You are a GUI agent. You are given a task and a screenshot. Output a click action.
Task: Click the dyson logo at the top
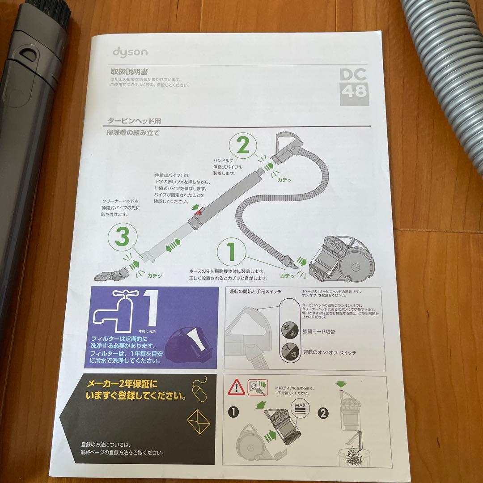(130, 52)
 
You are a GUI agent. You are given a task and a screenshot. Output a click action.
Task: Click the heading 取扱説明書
(129, 71)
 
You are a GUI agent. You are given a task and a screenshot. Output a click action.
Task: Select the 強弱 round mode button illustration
(288, 330)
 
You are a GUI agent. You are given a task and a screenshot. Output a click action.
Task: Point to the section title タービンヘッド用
(134, 121)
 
